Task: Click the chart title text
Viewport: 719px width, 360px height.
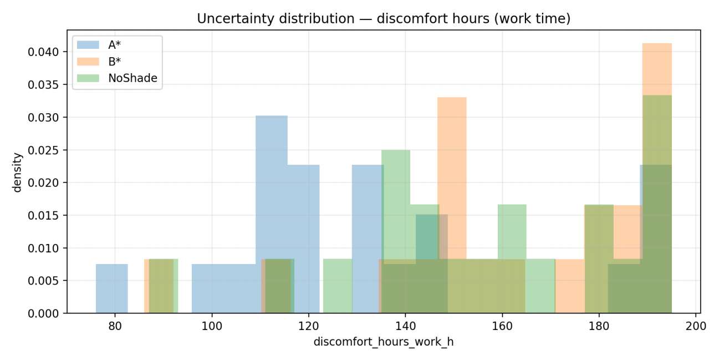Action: [384, 19]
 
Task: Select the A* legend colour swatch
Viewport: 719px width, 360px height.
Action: [88, 44]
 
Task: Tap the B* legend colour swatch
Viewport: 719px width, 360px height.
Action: [88, 62]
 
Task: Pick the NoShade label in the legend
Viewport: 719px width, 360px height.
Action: [132, 78]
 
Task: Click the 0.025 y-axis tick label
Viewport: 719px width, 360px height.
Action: [43, 150]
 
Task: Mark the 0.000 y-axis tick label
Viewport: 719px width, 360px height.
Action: [43, 313]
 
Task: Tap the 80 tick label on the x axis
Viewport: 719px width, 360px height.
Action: [115, 326]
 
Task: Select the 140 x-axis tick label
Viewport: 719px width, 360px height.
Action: [405, 326]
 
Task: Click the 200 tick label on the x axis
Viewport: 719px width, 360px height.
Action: [696, 326]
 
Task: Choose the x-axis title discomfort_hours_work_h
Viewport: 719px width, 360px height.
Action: [384, 342]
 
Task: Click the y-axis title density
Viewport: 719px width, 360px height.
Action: [17, 173]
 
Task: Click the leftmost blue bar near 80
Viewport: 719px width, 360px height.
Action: [111, 288]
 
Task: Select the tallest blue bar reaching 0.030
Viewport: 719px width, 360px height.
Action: [272, 214]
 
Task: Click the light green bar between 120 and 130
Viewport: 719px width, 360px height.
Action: [338, 286]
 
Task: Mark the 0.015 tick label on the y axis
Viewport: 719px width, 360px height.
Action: [43, 215]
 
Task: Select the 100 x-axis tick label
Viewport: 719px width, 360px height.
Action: [212, 326]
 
